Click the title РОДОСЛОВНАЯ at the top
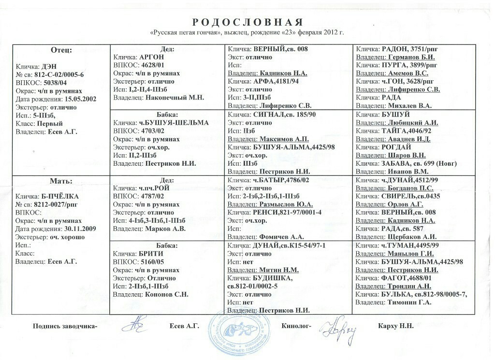point(247,22)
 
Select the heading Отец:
point(61,50)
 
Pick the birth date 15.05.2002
point(80,99)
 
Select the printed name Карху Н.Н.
point(396,326)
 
